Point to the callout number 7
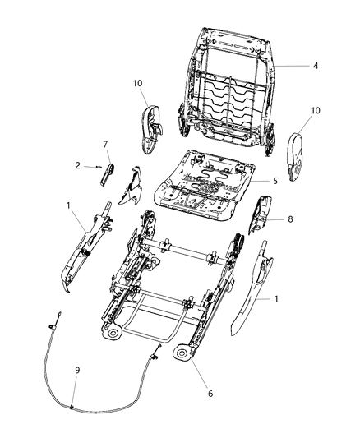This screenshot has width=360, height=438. pyautogui.click(x=105, y=145)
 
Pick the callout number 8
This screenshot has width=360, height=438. pyautogui.click(x=290, y=219)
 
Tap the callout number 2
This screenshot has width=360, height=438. pyautogui.click(x=78, y=165)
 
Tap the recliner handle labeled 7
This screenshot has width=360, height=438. pyautogui.click(x=108, y=172)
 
